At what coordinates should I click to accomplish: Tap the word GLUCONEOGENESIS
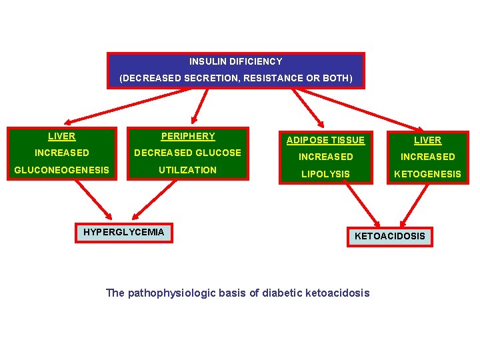pyautogui.click(x=61, y=170)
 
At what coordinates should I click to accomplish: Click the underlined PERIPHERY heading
pyautogui.click(x=188, y=136)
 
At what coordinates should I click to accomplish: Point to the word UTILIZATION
pyautogui.click(x=187, y=170)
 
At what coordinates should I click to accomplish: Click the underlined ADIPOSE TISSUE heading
pyautogui.click(x=325, y=140)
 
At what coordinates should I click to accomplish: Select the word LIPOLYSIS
pyautogui.click(x=325, y=174)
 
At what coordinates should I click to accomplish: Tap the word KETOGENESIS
pyautogui.click(x=427, y=174)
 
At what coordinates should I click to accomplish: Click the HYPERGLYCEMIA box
pyautogui.click(x=123, y=233)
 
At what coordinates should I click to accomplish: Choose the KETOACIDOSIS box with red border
pyautogui.click(x=389, y=236)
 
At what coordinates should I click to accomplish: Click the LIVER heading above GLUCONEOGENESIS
pyautogui.click(x=61, y=136)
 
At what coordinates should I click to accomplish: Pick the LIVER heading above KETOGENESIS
pyautogui.click(x=427, y=140)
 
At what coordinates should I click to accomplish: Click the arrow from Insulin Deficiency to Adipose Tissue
pyautogui.click(x=308, y=107)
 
